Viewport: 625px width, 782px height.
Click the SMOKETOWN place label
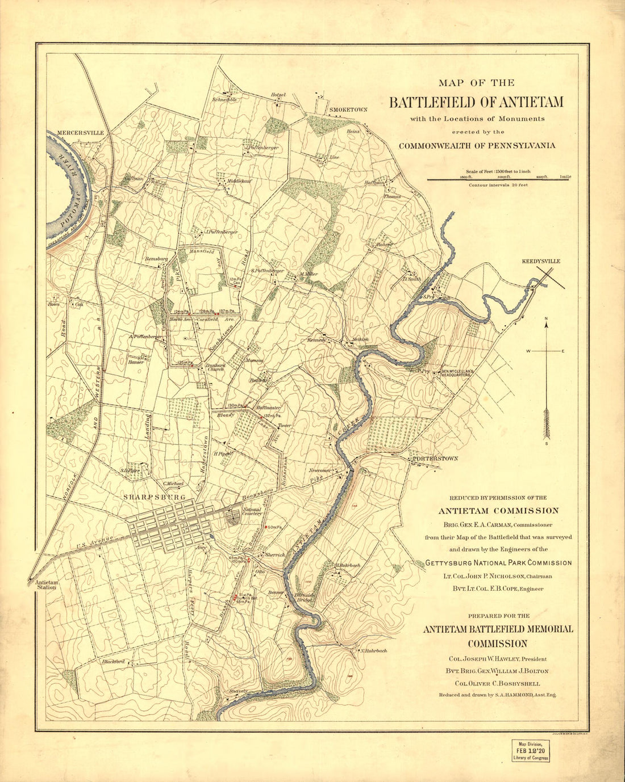point(348,109)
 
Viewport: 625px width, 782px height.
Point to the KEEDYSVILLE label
point(541,261)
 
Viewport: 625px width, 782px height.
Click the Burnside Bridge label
point(305,597)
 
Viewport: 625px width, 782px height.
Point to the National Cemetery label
point(252,512)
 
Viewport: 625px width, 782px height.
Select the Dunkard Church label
point(216,367)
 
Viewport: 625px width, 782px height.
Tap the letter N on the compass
point(546,318)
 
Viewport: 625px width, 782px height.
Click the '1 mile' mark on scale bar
point(565,176)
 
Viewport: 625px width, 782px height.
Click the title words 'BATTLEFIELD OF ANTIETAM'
point(476,102)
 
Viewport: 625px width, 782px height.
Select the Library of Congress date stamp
point(530,750)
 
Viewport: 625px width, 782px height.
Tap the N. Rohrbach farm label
point(373,650)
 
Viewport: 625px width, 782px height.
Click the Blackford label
point(113,661)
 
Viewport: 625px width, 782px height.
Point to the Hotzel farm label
point(278,95)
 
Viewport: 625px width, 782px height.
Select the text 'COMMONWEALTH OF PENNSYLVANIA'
point(477,146)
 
